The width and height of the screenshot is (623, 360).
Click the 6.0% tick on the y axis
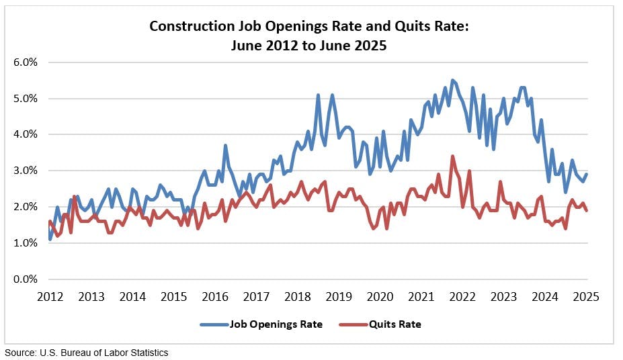(x=26, y=62)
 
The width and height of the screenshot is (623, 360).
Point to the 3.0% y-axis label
(x=26, y=171)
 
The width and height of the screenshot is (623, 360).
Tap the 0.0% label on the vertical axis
(x=26, y=279)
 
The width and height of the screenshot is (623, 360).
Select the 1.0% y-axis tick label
(x=26, y=243)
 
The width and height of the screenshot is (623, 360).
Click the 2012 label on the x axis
(x=50, y=296)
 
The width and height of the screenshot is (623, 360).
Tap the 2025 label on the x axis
(x=587, y=296)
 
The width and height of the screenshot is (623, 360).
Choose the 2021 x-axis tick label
(x=421, y=296)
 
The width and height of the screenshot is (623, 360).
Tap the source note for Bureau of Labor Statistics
(x=87, y=353)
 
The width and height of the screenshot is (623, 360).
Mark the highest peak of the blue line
(x=452, y=80)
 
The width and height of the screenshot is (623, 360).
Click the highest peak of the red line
(x=452, y=156)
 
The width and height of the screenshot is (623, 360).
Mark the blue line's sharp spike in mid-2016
(x=225, y=145)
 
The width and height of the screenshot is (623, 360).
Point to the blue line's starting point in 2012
(x=50, y=239)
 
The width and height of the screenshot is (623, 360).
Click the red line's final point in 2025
(x=587, y=210)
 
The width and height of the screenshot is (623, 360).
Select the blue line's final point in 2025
(x=587, y=174)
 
